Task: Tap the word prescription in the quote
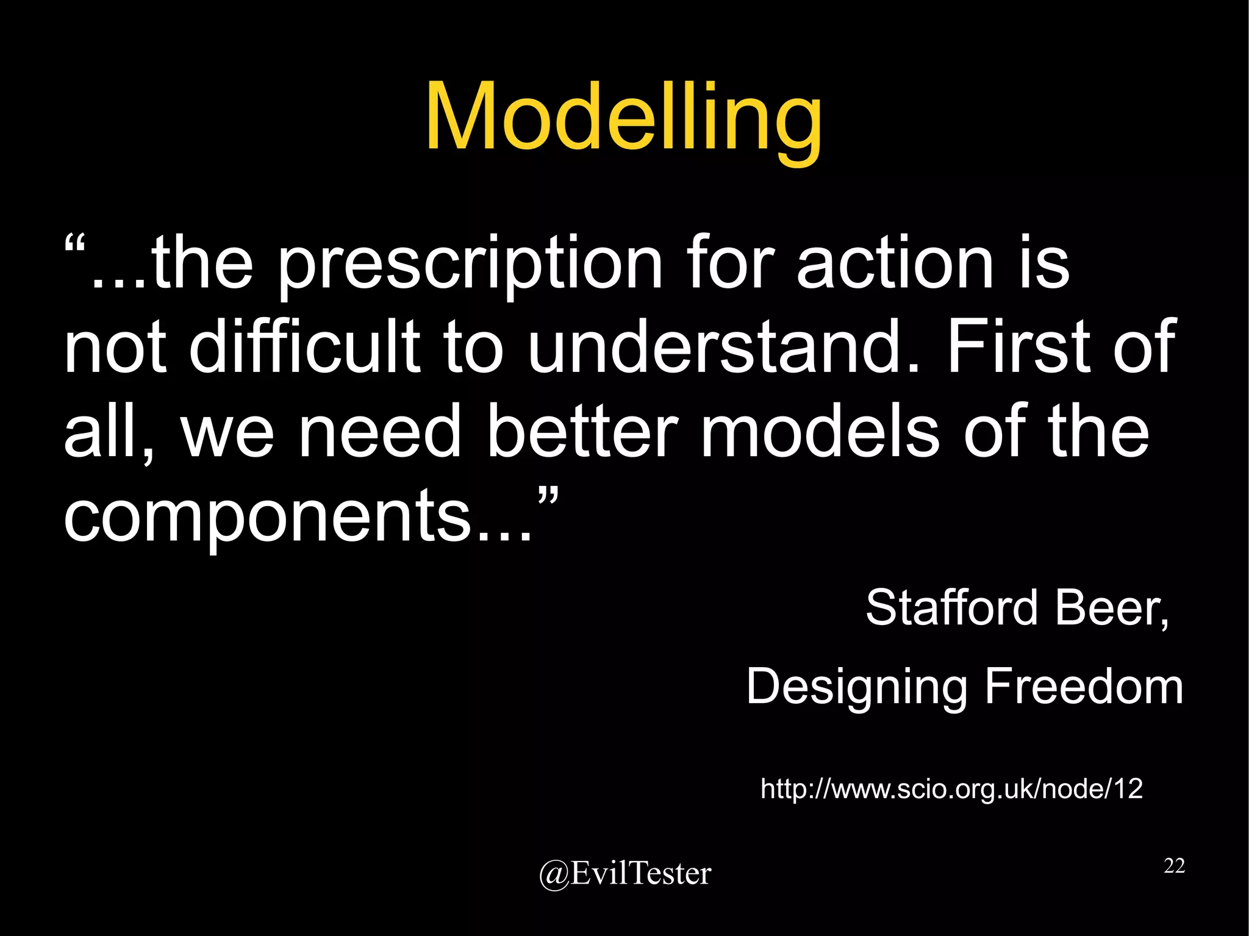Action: coord(470,265)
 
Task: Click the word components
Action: coord(268,516)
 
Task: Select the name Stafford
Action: coord(951,607)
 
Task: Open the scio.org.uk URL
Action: coord(951,788)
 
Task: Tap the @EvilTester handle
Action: coord(624,873)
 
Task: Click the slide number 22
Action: coord(1173,865)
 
